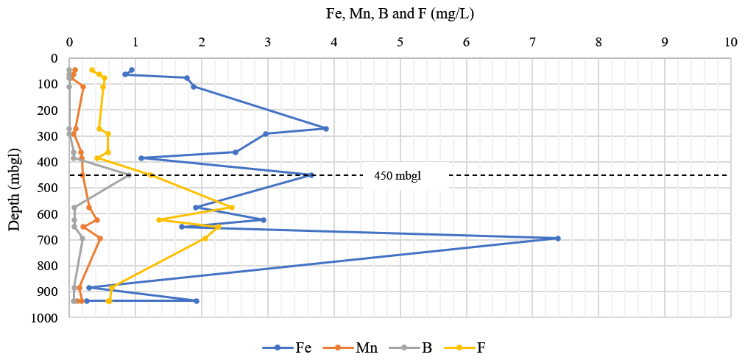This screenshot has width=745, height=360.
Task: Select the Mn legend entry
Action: coord(357,347)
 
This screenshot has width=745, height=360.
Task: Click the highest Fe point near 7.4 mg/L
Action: coord(558,239)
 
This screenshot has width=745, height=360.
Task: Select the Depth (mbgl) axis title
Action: coord(15,187)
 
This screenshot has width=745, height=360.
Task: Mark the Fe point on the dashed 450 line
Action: coord(311,175)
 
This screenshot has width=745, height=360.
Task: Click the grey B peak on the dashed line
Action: coord(129,175)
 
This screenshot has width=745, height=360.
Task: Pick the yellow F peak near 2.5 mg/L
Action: coord(232,208)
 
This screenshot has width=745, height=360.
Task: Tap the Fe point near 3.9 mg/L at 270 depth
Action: coord(326,129)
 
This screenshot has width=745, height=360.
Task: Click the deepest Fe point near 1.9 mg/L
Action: coord(197,301)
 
